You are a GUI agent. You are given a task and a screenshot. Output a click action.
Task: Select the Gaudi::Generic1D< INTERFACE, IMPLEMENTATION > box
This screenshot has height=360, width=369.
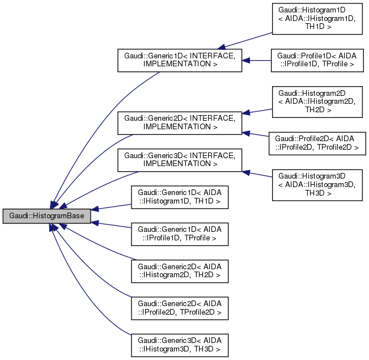coord(179,60)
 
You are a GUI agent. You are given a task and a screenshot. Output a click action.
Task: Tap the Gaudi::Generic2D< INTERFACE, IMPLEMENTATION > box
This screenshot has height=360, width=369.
coord(179,122)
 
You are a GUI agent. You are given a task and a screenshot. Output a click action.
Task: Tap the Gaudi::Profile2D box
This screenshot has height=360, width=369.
coord(317,142)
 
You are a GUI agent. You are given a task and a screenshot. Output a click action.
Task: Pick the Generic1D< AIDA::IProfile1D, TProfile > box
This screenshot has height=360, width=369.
coord(179,234)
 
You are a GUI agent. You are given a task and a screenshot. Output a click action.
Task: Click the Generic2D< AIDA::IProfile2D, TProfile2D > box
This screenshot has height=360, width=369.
coord(179,307)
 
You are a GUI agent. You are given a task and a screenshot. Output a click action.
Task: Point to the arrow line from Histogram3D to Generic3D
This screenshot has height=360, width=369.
coord(258,175)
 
